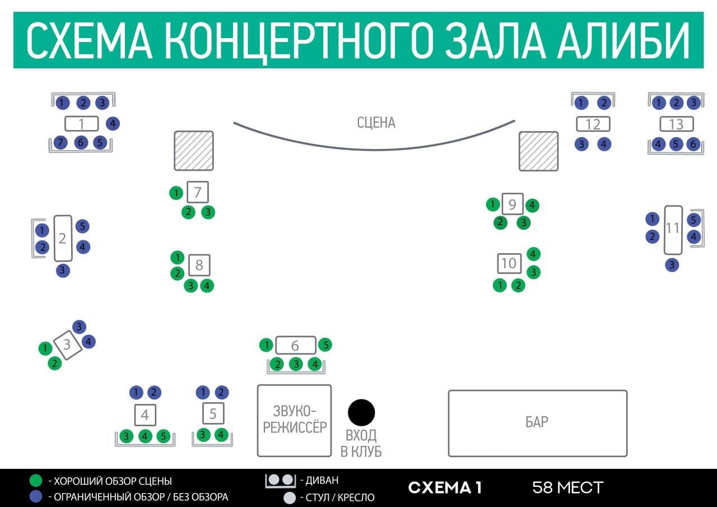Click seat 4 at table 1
tap(113, 123)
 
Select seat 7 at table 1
tap(61, 142)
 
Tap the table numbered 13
tap(676, 124)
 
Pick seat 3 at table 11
tap(672, 265)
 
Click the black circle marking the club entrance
tap(361, 413)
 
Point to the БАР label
tap(537, 422)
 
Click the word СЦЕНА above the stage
tap(376, 123)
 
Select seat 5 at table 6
tap(325, 345)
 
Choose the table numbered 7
tap(197, 193)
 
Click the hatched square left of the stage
tap(194, 151)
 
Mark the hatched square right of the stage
tap(538, 151)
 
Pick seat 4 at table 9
tap(533, 205)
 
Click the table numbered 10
tap(509, 263)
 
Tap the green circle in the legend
tap(36, 481)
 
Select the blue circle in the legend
tap(36, 496)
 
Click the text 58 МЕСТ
tap(567, 487)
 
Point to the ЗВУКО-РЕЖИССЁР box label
tap(294, 420)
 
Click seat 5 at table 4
tap(163, 436)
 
